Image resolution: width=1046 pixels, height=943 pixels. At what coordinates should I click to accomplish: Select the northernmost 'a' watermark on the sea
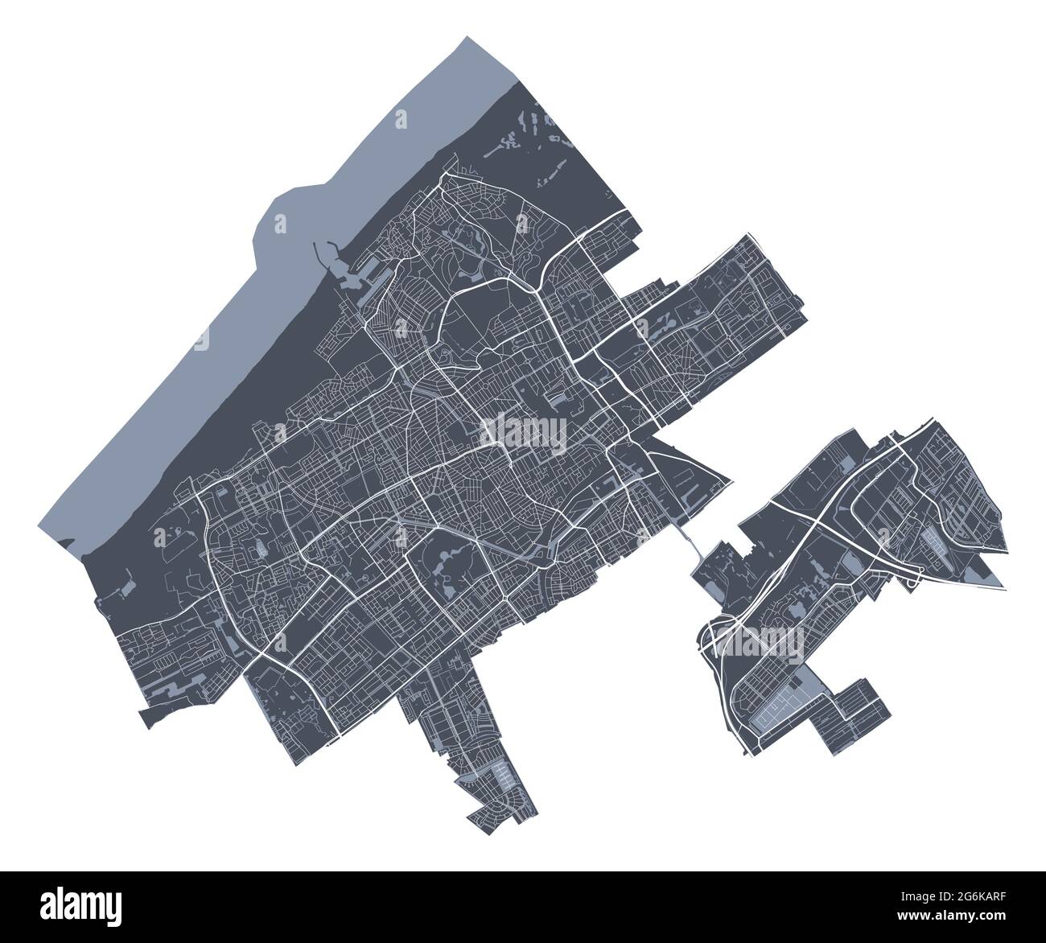pos(400,119)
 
